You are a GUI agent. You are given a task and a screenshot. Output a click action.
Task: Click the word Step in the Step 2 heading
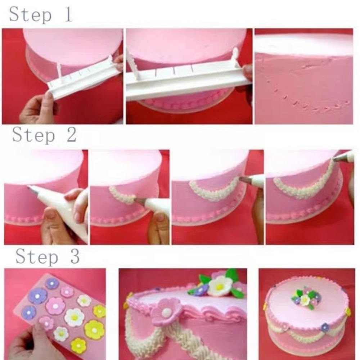(x=33, y=135)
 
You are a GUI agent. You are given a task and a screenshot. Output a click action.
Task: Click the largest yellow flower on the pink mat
(x=94, y=330)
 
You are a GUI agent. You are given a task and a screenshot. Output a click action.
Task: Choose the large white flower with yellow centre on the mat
(x=74, y=317)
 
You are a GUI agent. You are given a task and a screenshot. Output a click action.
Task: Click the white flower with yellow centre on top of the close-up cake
(x=220, y=286)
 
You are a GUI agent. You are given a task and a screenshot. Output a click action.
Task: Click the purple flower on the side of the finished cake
(x=325, y=327)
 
